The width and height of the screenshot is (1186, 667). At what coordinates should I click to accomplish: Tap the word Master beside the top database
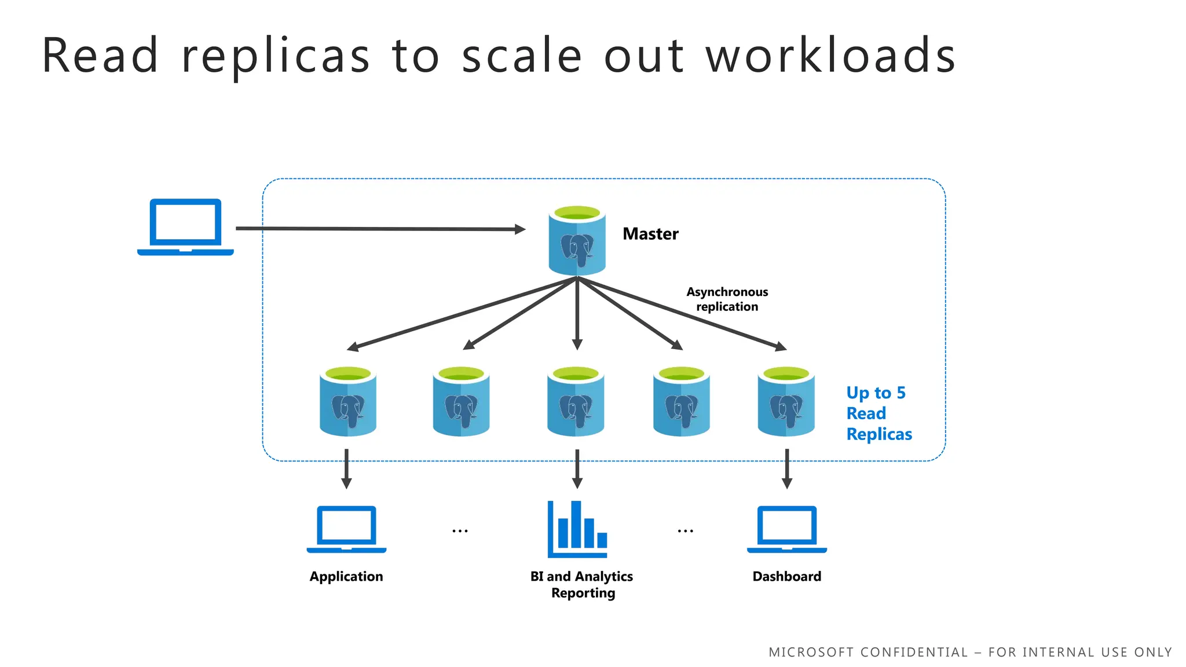[650, 234]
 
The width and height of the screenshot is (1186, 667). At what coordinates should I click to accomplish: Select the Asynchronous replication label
[727, 299]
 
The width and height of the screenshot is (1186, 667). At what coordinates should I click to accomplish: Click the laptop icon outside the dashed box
[185, 227]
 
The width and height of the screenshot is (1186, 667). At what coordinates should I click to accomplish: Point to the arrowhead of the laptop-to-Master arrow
[520, 229]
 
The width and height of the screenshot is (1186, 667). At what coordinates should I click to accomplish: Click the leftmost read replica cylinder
[347, 401]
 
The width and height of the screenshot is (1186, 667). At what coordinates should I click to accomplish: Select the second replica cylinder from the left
[461, 401]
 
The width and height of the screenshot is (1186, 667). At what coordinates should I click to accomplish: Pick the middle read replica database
[576, 401]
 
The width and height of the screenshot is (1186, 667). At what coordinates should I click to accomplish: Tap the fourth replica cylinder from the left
[681, 401]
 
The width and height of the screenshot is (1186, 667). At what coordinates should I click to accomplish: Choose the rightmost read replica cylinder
[786, 401]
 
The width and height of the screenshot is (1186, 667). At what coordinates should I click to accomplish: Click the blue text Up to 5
[876, 393]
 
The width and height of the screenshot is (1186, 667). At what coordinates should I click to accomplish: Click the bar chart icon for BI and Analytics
[577, 529]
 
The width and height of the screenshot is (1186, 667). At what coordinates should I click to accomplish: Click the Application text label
[346, 577]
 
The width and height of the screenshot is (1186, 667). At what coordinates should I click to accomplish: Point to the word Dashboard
[786, 577]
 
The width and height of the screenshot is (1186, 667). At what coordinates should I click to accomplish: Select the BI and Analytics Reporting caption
[582, 585]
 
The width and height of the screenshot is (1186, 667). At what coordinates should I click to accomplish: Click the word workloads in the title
[830, 56]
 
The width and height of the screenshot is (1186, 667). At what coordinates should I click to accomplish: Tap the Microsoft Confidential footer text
[970, 653]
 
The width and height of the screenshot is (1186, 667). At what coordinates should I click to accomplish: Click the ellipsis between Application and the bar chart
[460, 530]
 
